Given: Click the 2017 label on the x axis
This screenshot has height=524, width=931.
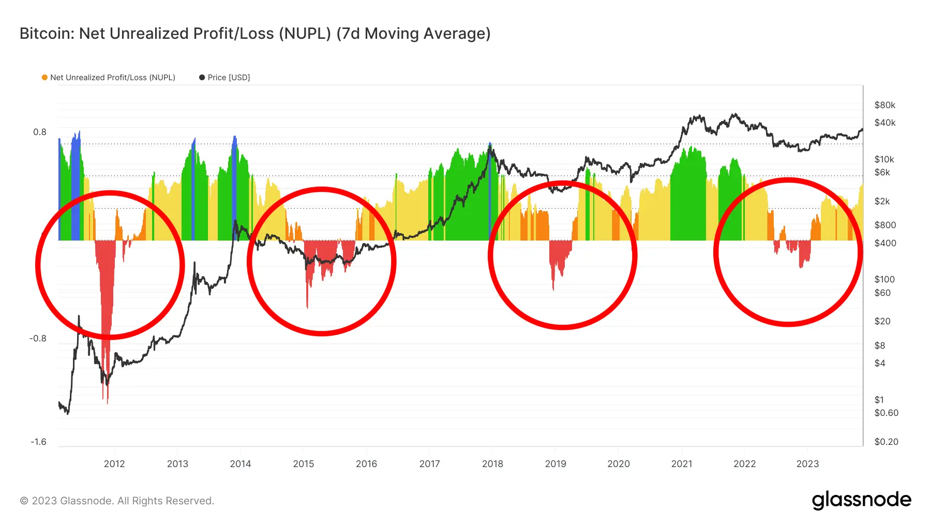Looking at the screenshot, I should click(x=429, y=463).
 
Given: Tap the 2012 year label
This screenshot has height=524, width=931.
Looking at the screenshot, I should click(x=114, y=463).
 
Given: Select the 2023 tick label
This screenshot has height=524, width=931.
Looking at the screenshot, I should click(x=807, y=463).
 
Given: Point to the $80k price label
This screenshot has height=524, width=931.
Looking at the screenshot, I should click(x=884, y=105).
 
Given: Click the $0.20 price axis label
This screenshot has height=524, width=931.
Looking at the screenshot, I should click(x=886, y=442).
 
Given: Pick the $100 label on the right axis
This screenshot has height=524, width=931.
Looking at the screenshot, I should click(x=884, y=279).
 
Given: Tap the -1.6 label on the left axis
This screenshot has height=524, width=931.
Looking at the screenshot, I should click(x=38, y=442).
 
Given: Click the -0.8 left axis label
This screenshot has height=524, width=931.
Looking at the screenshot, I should click(x=38, y=338).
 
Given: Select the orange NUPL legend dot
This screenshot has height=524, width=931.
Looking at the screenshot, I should click(x=44, y=78).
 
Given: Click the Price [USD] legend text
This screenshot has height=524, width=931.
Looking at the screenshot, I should click(x=229, y=78).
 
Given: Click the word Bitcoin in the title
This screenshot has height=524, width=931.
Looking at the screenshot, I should click(x=47, y=34).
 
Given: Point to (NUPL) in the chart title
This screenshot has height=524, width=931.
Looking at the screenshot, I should click(x=305, y=34).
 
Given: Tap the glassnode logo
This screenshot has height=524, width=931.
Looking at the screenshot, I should click(x=861, y=500).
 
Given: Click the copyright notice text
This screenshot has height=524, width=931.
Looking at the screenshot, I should click(x=117, y=501).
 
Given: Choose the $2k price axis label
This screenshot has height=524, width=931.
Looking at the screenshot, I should click(x=882, y=201).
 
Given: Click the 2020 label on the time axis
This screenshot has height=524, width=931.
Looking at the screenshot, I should click(x=618, y=463).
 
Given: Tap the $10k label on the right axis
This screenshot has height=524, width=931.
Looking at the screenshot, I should click(x=884, y=159).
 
